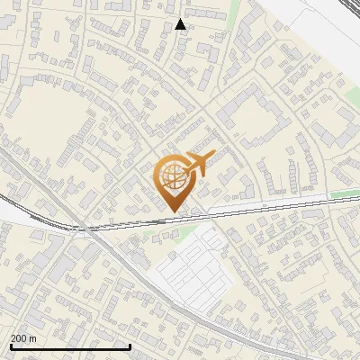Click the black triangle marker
(x=181, y=24)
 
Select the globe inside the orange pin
(x=175, y=179)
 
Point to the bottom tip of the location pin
(x=175, y=212)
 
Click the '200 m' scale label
(x=23, y=338)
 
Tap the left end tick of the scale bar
(x=11, y=346)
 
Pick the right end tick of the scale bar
(x=130, y=346)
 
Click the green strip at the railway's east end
(x=344, y=193)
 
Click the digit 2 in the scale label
(x=13, y=338)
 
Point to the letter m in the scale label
(x=33, y=338)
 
